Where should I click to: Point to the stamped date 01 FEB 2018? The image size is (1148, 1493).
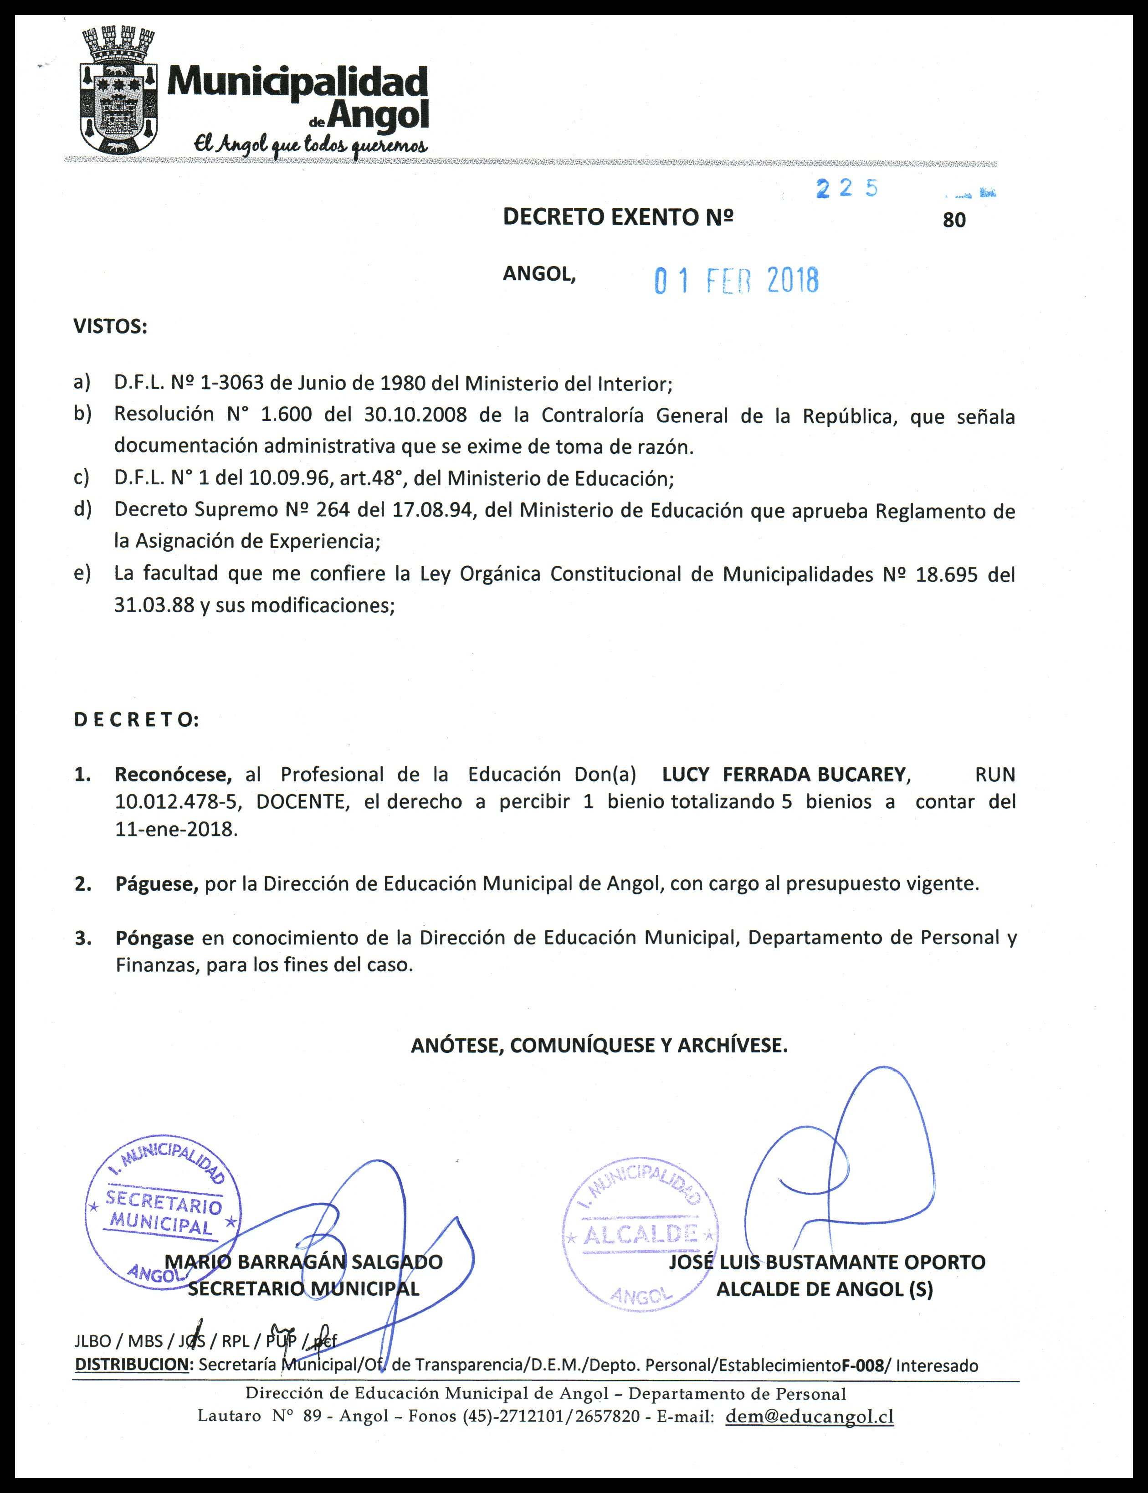click(737, 281)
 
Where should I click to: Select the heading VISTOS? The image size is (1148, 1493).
click(111, 327)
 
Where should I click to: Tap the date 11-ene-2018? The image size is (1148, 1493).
click(176, 830)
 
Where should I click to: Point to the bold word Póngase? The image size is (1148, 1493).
click(154, 938)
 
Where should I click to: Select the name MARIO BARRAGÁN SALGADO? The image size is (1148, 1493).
click(304, 1262)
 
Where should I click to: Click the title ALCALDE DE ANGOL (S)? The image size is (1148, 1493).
click(824, 1289)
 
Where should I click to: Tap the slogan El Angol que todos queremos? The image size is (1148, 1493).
click(311, 144)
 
